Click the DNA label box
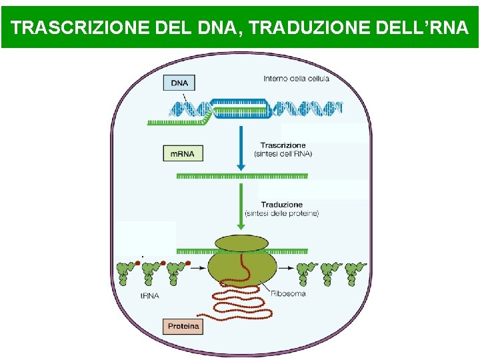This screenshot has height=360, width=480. tap(179, 83)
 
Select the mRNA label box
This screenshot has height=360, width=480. tap(183, 153)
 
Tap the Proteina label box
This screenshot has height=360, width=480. tap(182, 327)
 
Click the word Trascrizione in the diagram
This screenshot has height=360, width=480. tap(283, 145)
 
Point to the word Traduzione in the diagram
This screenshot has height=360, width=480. tap(282, 205)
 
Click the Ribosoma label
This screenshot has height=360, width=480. tap(288, 293)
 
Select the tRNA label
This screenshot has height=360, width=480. tap(149, 295)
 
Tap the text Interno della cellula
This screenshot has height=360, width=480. tap(296, 79)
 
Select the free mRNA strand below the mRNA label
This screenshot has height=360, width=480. tap(241, 176)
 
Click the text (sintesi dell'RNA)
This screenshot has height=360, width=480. tap(283, 153)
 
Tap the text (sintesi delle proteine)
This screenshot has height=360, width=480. tap(282, 213)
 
